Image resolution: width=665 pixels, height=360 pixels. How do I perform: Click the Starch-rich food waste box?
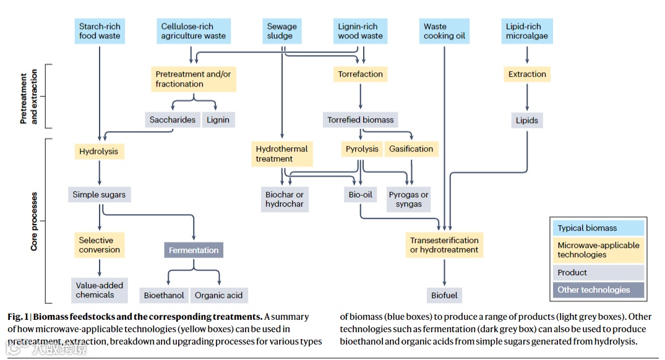(x=100, y=32)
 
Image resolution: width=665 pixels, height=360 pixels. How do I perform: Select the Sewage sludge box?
(x=282, y=32)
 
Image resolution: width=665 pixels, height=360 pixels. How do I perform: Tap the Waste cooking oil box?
(x=444, y=32)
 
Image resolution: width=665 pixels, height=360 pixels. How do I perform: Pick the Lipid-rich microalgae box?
(x=527, y=32)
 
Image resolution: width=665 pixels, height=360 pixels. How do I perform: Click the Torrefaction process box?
(x=360, y=74)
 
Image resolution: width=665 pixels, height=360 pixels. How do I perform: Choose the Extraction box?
(x=527, y=74)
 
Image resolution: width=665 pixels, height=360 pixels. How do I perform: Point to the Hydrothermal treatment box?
(x=281, y=153)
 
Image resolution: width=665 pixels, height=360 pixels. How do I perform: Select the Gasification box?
(x=411, y=149)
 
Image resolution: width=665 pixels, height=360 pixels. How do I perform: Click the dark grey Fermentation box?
(x=194, y=250)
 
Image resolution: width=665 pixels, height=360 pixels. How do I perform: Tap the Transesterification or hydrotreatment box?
(x=444, y=245)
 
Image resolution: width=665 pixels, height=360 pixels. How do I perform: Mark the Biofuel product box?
(x=444, y=295)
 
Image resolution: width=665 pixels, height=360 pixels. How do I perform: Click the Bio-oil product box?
(x=360, y=195)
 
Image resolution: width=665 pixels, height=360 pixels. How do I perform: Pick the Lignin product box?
(x=218, y=120)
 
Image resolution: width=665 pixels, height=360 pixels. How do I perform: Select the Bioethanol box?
(x=164, y=295)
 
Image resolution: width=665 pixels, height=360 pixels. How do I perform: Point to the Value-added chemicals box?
(x=100, y=290)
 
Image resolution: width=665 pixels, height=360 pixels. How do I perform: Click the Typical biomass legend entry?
(x=598, y=228)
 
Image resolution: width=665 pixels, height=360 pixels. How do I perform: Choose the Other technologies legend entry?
(x=598, y=289)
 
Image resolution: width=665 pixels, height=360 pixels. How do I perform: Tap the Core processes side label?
(x=34, y=221)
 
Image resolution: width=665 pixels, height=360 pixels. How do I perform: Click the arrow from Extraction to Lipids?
(x=527, y=97)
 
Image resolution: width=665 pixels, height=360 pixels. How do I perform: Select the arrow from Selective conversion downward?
(x=100, y=267)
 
